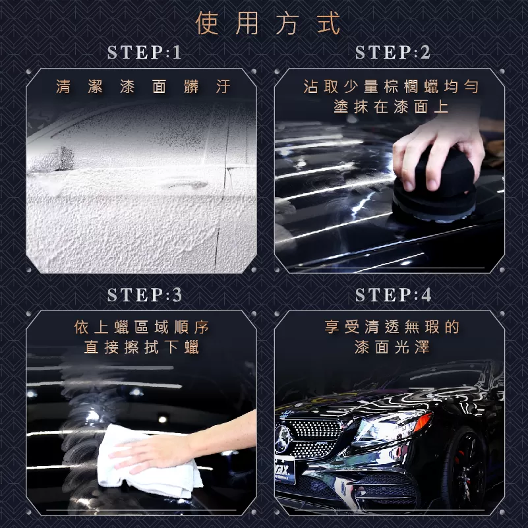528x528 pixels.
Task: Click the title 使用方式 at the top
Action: (268, 23)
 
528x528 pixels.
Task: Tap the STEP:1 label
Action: (144, 53)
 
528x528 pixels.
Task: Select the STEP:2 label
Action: (393, 53)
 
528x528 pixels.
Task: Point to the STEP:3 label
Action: (144, 295)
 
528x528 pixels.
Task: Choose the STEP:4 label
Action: (393, 295)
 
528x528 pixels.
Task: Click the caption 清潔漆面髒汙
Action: (144, 87)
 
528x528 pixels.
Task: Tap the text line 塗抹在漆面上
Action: (392, 107)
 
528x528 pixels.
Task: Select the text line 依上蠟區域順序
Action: (142, 328)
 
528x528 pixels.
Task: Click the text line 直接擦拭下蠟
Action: (142, 347)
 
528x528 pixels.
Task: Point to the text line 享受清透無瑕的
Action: (392, 327)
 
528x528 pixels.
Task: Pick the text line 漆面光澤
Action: (392, 347)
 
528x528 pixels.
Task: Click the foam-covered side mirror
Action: (51, 159)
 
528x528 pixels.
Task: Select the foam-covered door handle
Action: (187, 185)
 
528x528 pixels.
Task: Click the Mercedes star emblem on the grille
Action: (283, 439)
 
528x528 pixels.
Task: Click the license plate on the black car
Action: (285, 469)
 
